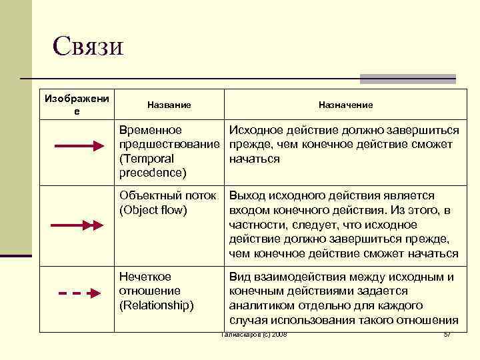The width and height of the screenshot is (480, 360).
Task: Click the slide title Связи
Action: (88, 47)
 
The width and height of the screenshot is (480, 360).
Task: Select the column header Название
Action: (169, 105)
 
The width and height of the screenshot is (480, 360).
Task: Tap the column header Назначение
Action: (345, 105)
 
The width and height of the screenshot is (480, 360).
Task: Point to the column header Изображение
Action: (77, 104)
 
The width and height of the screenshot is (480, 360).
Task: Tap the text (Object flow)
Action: (153, 210)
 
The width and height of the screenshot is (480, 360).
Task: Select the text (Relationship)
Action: (156, 305)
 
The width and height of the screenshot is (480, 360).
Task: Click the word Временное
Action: (150, 130)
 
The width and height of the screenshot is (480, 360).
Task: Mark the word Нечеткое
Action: (145, 276)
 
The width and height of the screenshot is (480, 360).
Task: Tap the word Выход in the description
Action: (246, 195)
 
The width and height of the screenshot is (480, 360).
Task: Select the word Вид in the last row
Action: (239, 276)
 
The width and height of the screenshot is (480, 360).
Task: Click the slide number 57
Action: (447, 333)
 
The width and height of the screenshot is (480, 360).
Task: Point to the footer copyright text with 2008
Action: (253, 333)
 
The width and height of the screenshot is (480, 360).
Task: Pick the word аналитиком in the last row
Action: (259, 305)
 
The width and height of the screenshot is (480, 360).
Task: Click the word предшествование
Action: (169, 145)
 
